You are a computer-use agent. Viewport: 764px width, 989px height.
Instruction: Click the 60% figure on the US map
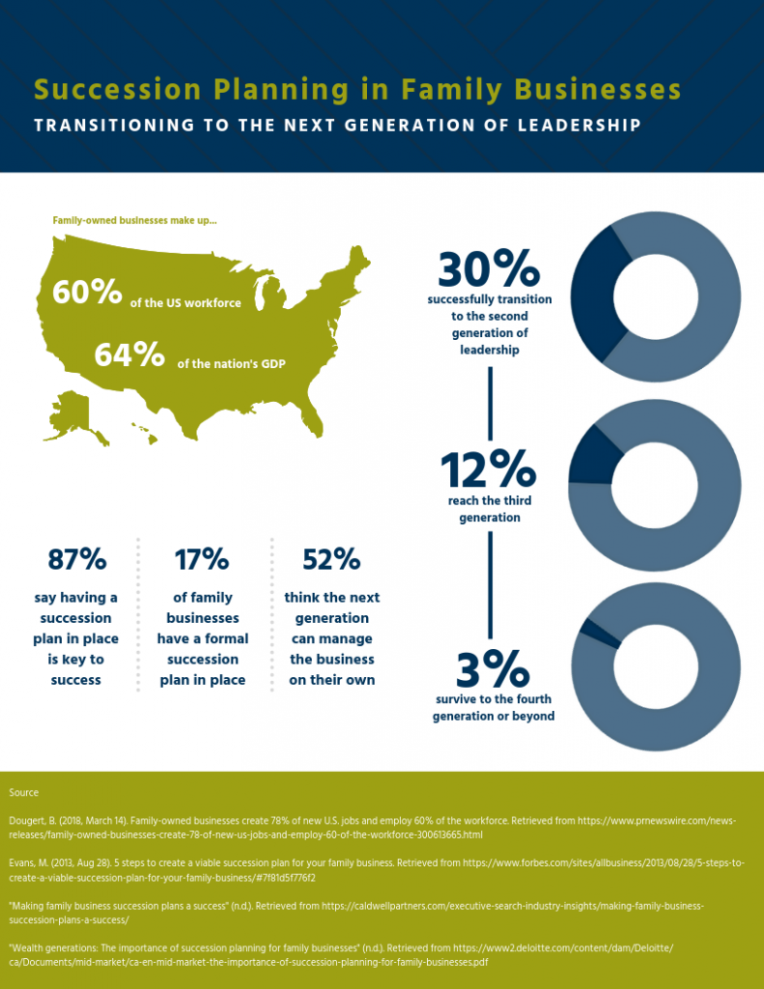click(87, 292)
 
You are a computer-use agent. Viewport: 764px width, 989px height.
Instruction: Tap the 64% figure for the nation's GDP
click(128, 354)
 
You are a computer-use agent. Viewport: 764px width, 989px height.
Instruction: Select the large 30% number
click(487, 269)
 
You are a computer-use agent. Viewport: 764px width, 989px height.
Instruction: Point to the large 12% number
click(488, 470)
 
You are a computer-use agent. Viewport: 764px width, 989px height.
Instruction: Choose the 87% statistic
click(76, 559)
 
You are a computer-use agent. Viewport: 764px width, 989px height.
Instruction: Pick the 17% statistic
click(202, 559)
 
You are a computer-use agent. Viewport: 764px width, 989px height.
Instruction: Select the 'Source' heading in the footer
click(23, 793)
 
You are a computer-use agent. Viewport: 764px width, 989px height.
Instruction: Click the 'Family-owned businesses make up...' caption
click(134, 221)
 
